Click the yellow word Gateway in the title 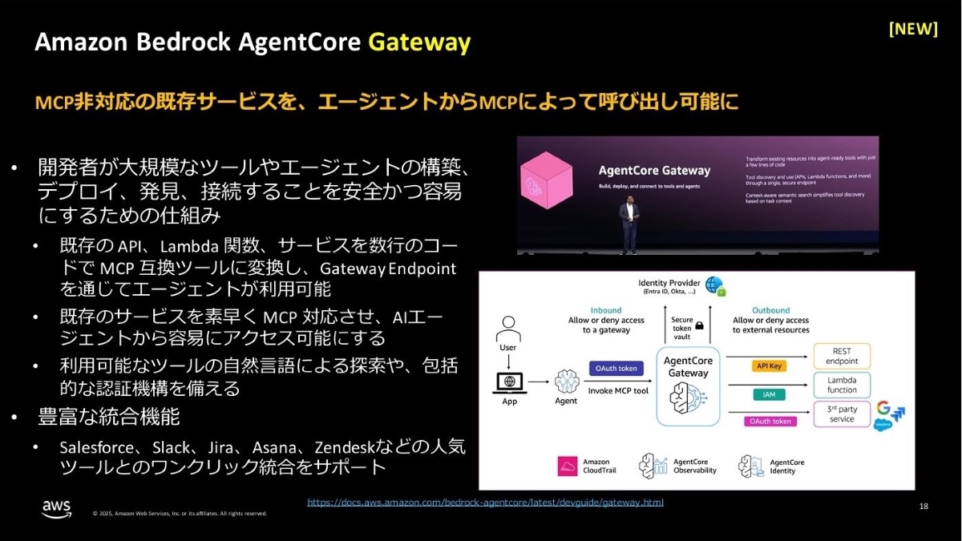[x=418, y=42]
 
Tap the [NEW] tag [x=913, y=29]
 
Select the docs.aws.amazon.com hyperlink [x=485, y=503]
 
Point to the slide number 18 [x=924, y=507]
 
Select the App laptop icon [x=509, y=382]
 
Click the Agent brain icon [x=566, y=382]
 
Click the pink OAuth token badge [x=770, y=421]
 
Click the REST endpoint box [x=841, y=356]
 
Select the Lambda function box [x=841, y=385]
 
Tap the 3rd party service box [x=841, y=414]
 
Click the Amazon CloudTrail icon [x=568, y=466]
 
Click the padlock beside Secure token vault [x=700, y=326]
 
